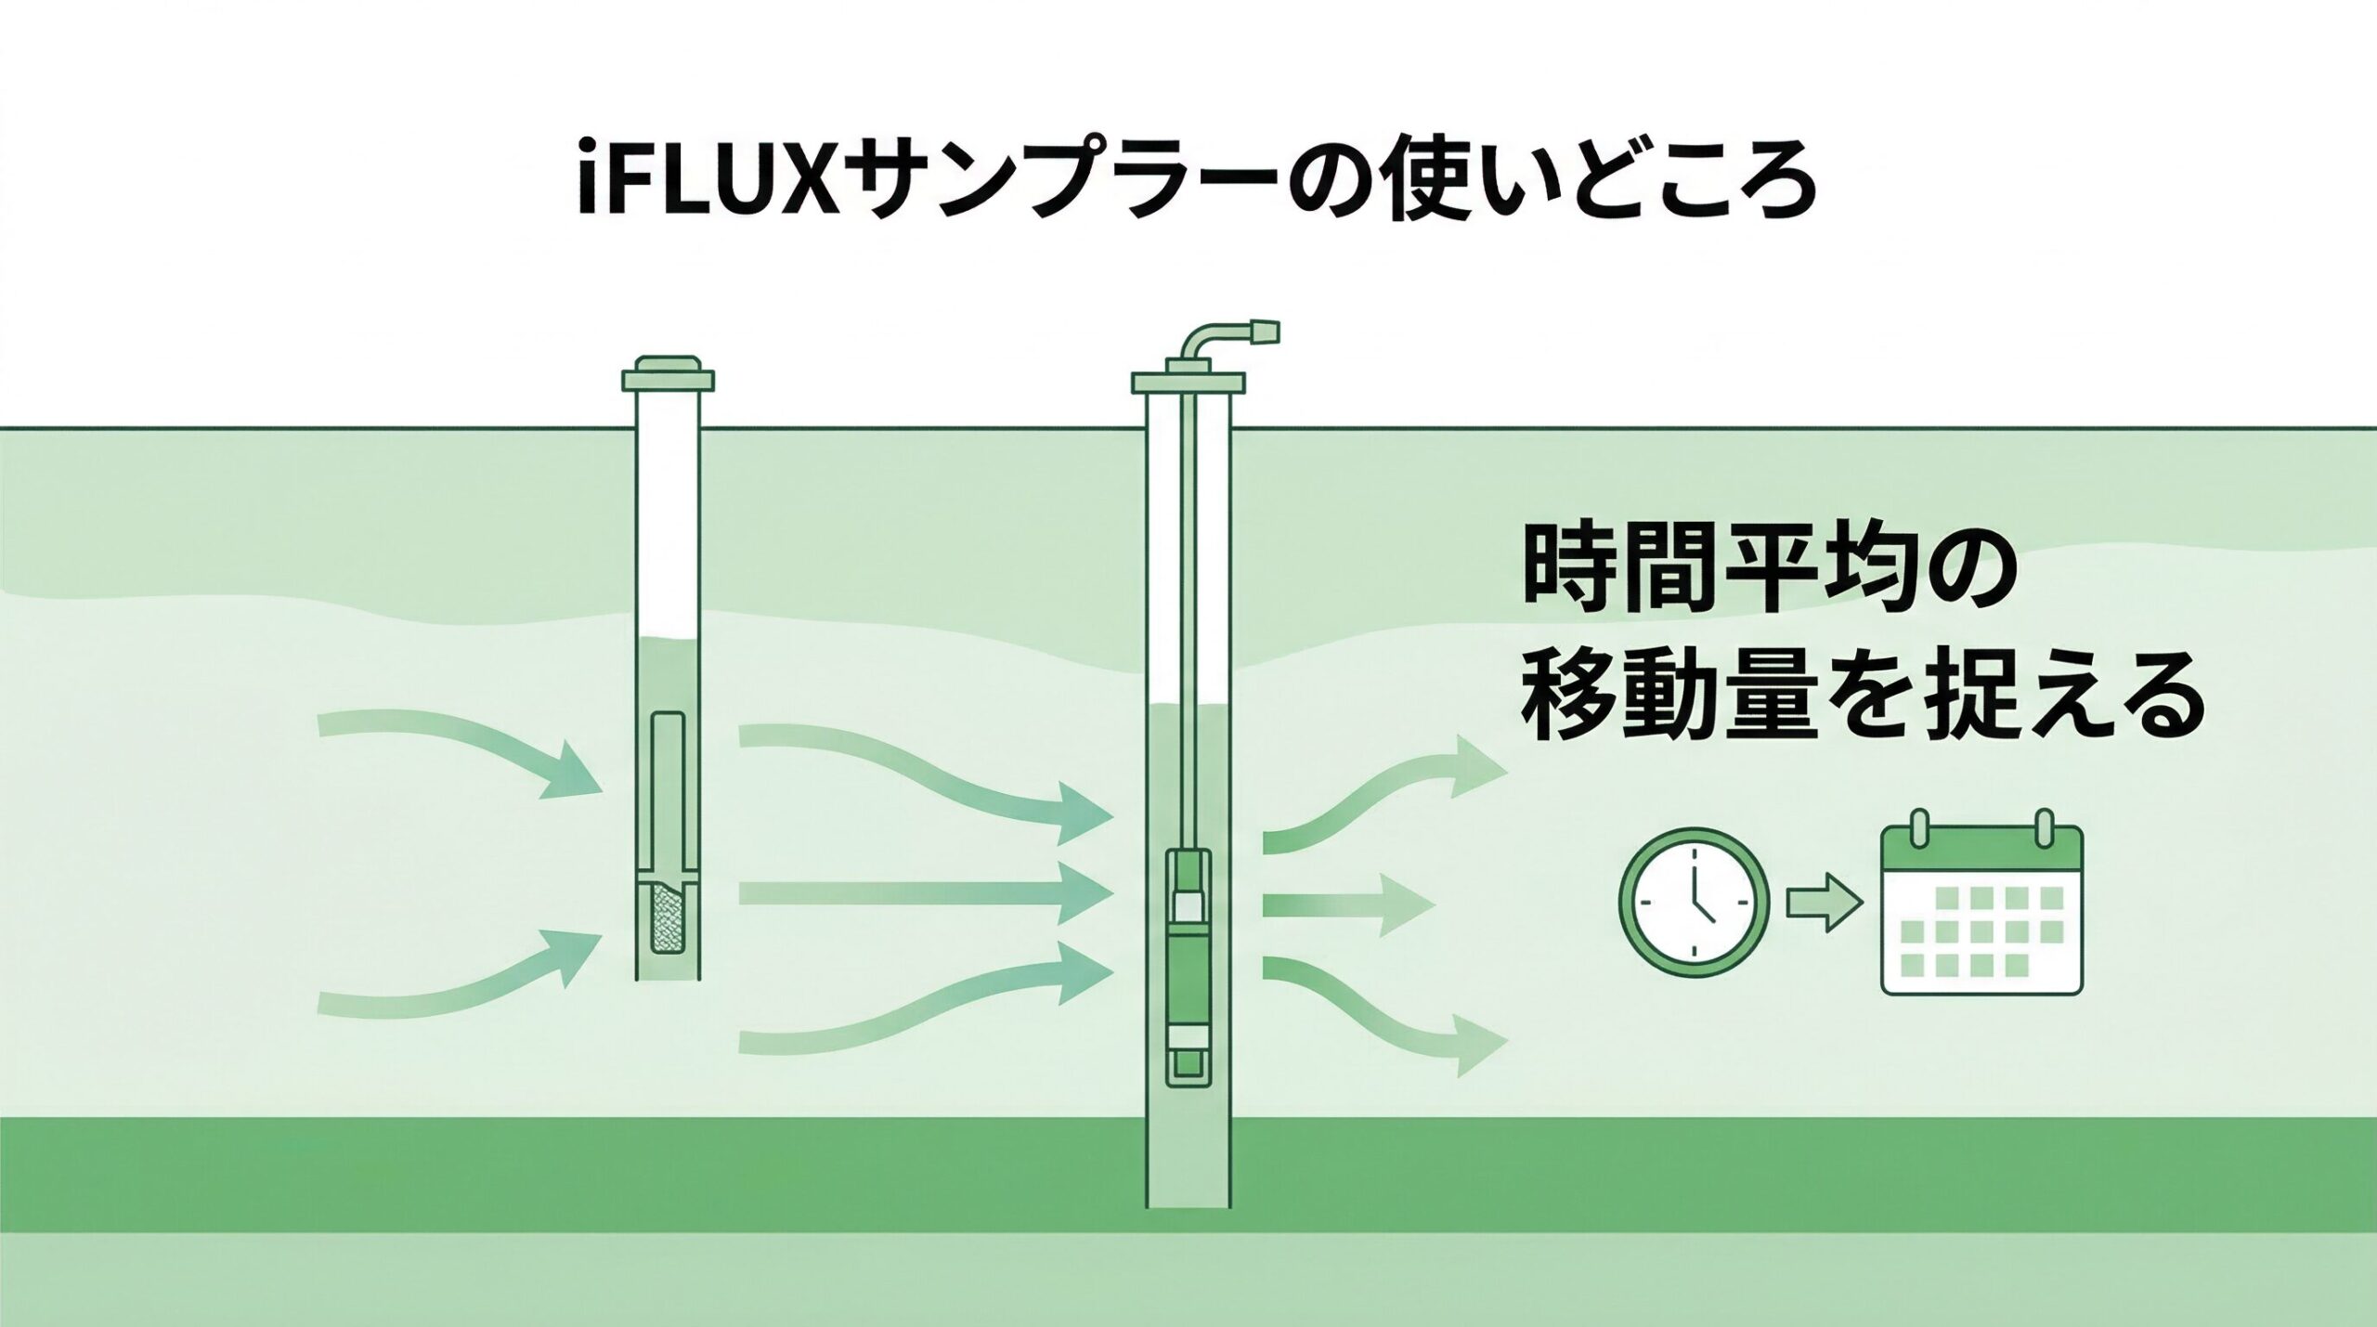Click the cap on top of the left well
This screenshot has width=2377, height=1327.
tap(668, 374)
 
